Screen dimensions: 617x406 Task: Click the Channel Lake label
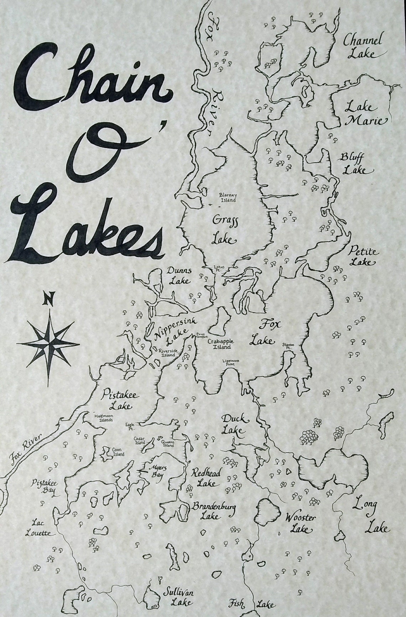click(363, 47)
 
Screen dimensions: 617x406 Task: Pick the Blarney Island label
click(228, 198)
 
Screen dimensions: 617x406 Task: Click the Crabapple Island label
click(220, 344)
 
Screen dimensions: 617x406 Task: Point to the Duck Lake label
click(233, 424)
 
